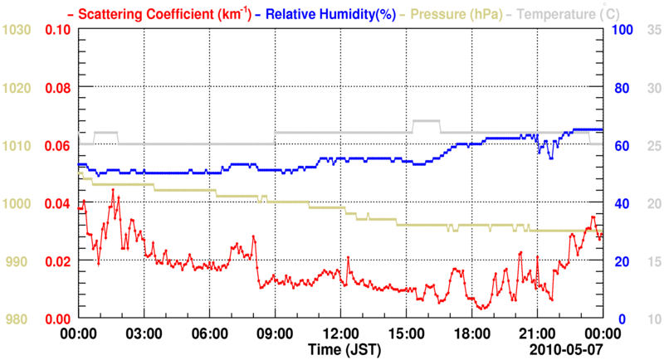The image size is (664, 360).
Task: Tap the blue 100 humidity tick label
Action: click(622, 30)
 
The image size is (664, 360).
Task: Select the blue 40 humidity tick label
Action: click(619, 203)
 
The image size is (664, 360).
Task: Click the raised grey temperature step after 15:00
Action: click(426, 121)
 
